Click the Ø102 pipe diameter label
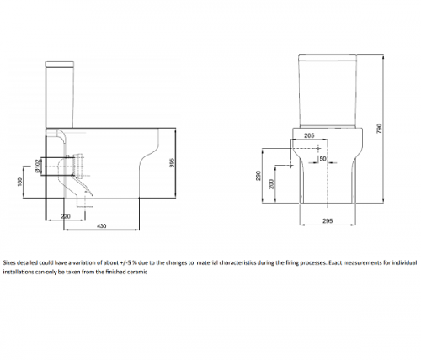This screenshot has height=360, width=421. [36, 167]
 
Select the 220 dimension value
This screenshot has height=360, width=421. [66, 216]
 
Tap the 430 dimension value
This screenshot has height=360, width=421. [101, 225]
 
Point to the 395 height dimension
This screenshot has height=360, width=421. [173, 162]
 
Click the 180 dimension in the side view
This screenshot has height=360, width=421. [19, 182]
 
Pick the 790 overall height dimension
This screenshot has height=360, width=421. [379, 128]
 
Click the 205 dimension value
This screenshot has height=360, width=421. [309, 135]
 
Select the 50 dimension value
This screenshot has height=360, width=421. [322, 159]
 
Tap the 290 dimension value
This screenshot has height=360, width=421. [258, 176]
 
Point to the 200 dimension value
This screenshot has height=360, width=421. [271, 184]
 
